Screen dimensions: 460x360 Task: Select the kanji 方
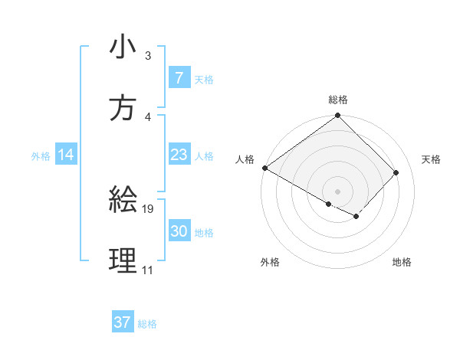click(123, 108)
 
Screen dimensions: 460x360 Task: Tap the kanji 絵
click(123, 201)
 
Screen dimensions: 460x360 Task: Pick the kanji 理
click(123, 261)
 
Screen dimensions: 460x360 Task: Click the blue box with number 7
click(179, 78)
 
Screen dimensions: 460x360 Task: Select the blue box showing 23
click(179, 155)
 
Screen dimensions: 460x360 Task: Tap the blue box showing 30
click(179, 231)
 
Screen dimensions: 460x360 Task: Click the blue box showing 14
click(65, 155)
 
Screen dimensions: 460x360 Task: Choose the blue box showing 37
click(123, 322)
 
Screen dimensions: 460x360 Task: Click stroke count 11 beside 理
click(147, 270)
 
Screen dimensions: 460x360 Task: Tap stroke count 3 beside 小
click(147, 56)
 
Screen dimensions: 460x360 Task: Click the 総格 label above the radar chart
click(338, 100)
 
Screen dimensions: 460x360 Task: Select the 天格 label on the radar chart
click(431, 159)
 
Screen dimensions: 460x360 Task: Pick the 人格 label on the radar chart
click(244, 159)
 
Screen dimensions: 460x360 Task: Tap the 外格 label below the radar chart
click(270, 263)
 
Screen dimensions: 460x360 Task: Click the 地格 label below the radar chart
click(402, 263)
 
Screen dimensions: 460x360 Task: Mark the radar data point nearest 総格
click(338, 116)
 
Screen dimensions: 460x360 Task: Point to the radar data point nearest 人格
click(264, 168)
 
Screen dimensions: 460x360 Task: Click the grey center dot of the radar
click(338, 191)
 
